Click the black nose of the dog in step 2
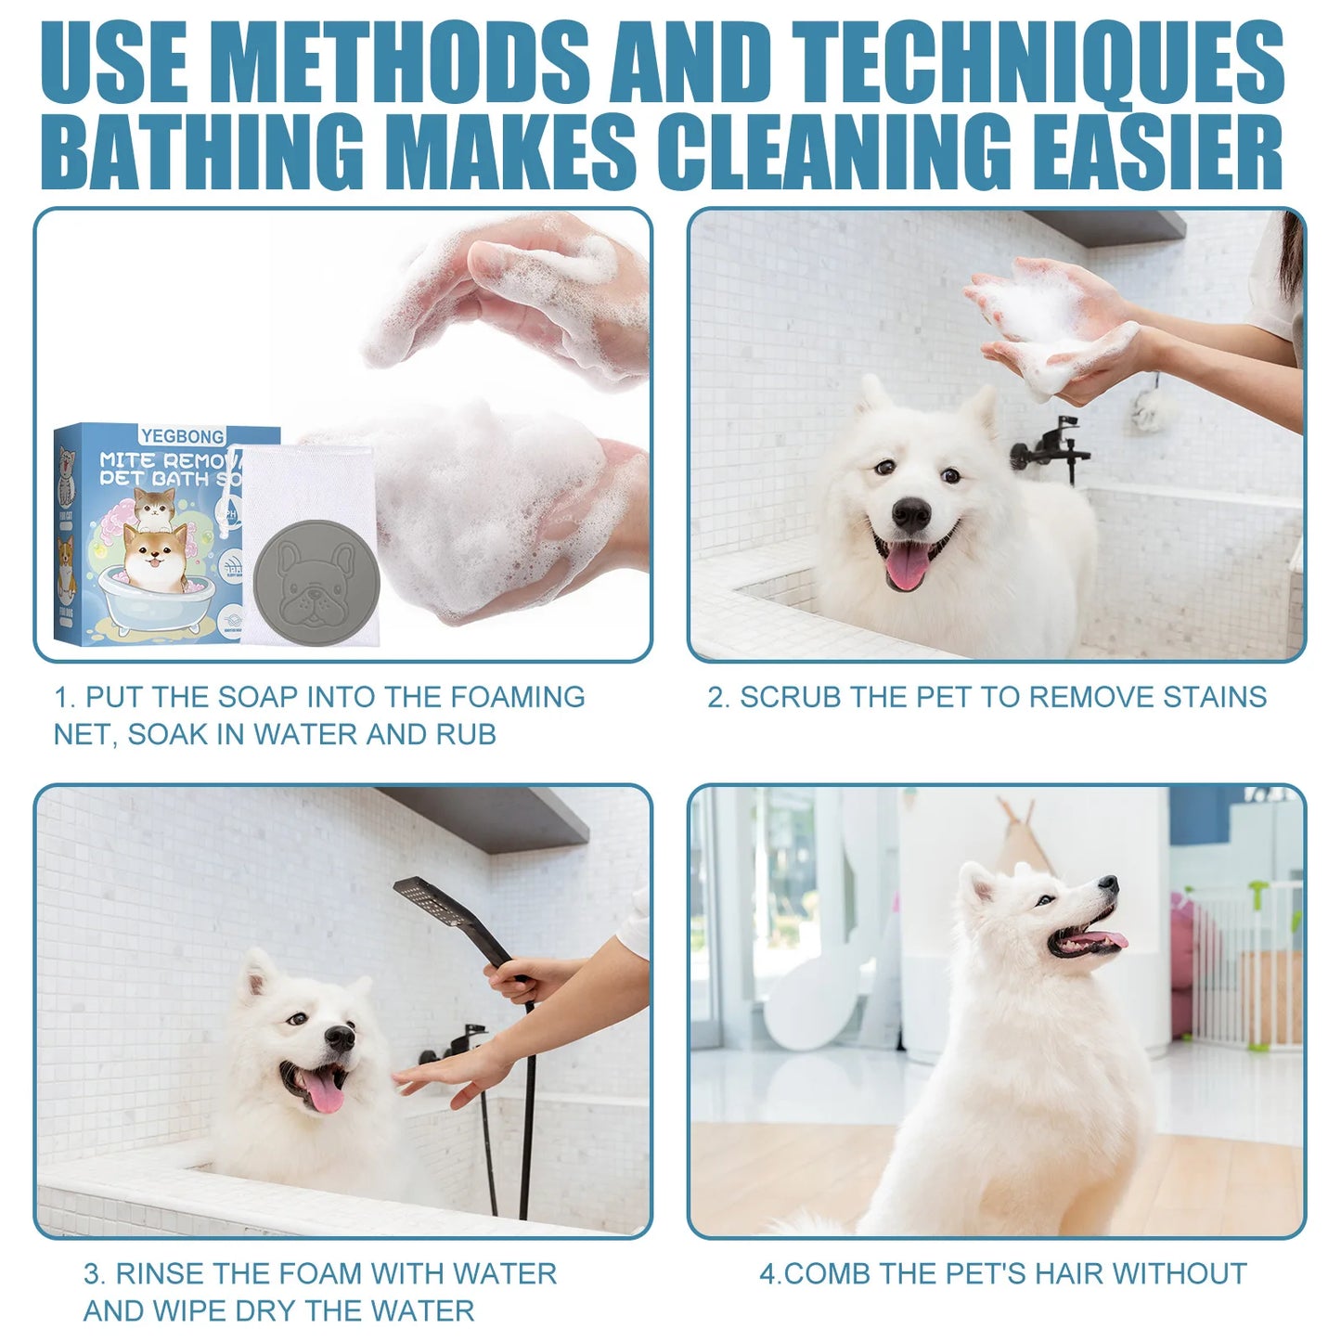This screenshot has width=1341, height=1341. point(910,513)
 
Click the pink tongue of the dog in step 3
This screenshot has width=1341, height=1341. point(324,1092)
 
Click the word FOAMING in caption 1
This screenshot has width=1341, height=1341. point(517,697)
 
